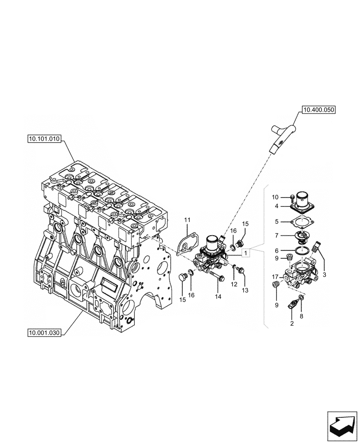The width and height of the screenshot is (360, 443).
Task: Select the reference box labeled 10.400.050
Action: tap(319, 109)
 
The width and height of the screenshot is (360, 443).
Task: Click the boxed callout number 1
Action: tap(246, 253)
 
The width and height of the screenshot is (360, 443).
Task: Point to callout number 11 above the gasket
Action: tap(187, 220)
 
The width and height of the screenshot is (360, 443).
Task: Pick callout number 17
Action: tap(275, 277)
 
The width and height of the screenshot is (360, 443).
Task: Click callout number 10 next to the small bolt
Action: tap(275, 197)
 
